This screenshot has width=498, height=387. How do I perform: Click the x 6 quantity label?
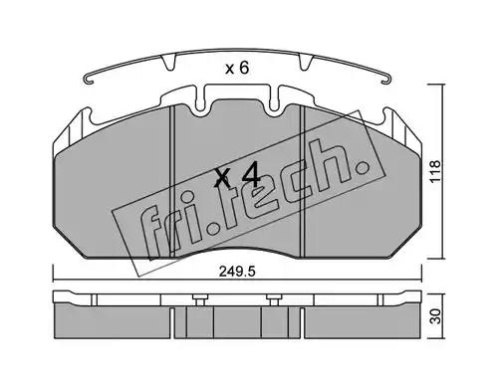pos(237,69)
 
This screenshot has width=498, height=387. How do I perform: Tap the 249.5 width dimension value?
pos(237,272)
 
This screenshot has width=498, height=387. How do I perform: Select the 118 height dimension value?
pos(435,171)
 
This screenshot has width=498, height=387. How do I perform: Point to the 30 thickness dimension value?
pos(435,315)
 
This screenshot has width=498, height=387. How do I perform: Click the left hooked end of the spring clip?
pos(88,80)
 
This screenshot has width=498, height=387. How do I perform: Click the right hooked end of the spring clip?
pos(386,80)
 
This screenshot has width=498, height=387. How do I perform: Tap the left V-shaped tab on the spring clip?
pos(168,63)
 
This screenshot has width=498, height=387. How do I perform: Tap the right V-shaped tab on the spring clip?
pos(306,63)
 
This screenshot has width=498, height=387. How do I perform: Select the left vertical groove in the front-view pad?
pos(172,181)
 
